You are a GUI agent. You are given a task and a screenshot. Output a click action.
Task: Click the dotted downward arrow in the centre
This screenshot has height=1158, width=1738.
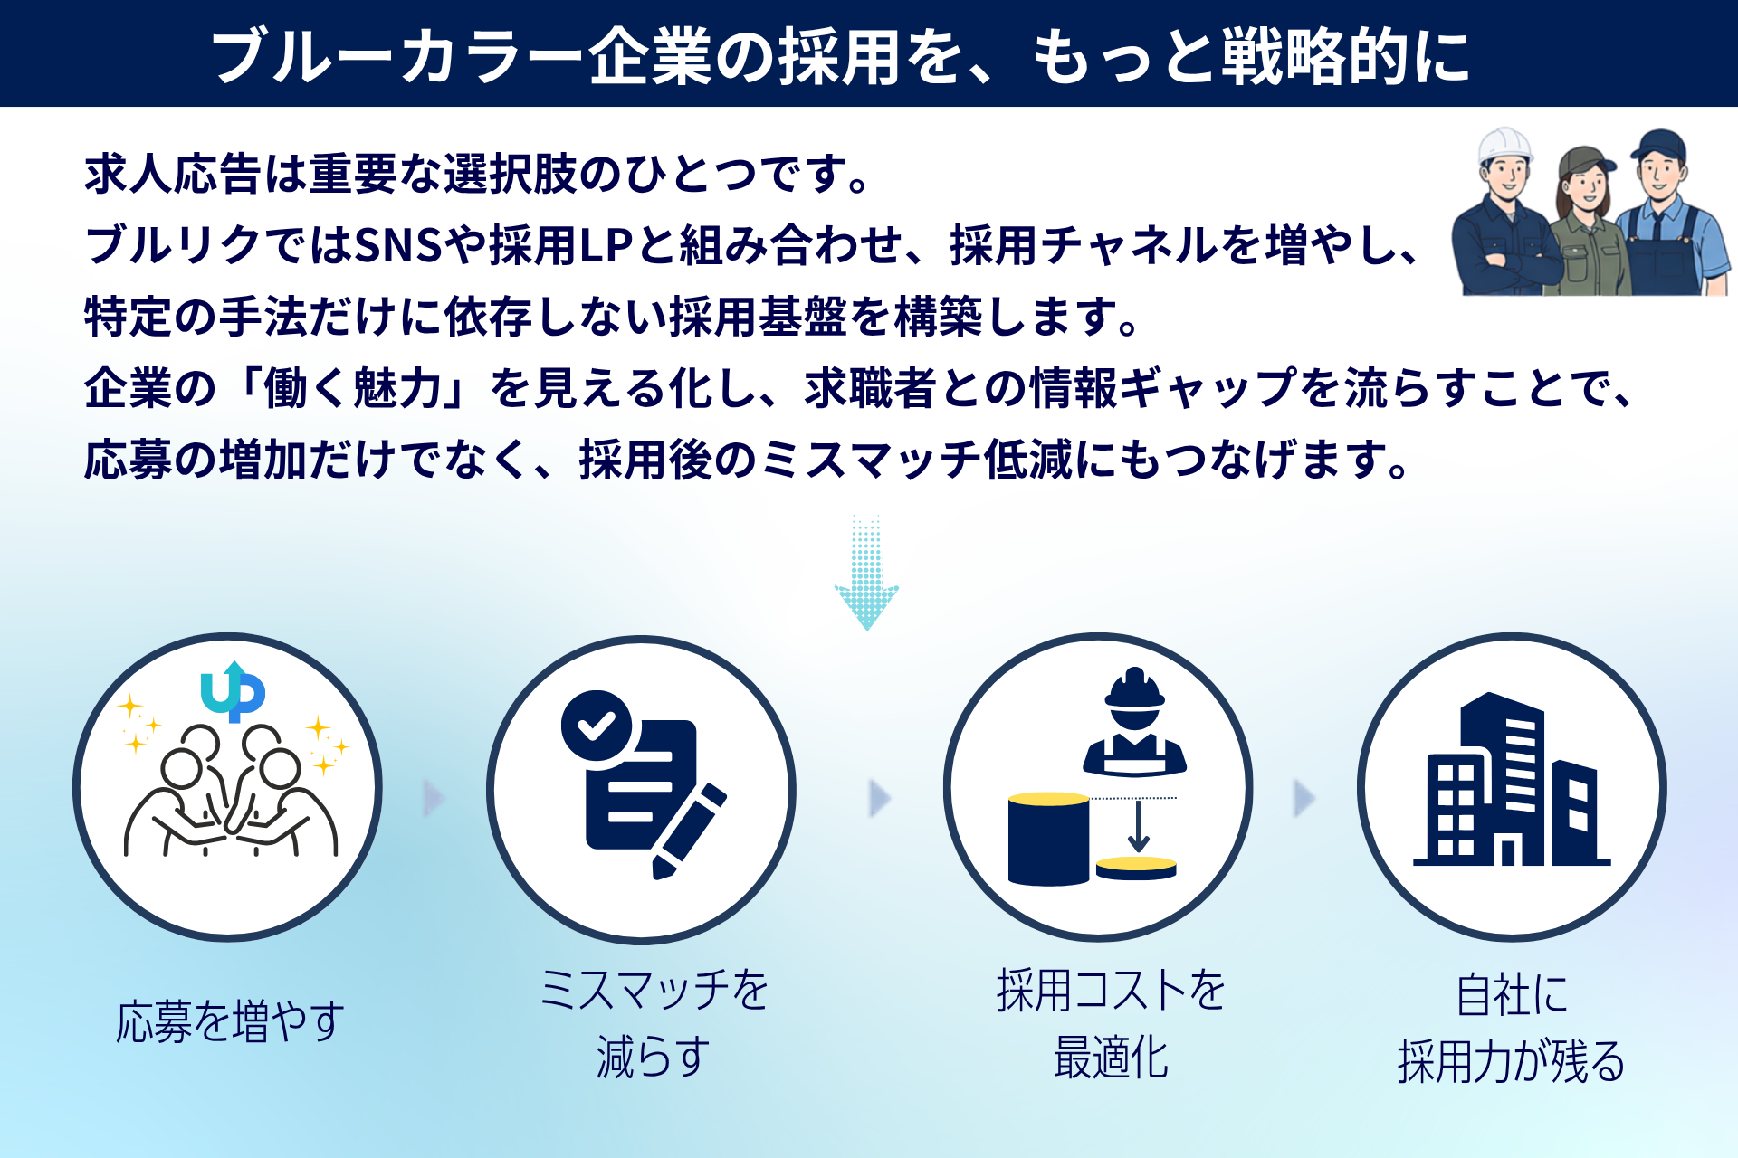[866, 573]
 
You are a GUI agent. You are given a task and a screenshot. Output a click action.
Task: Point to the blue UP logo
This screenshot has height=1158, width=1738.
[233, 692]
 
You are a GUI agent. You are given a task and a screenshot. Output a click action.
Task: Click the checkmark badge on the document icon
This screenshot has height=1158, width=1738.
[596, 726]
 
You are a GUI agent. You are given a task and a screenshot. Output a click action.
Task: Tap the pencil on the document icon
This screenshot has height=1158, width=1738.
[688, 831]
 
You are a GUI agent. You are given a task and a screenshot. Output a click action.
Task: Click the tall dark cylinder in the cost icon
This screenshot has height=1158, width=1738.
[1048, 839]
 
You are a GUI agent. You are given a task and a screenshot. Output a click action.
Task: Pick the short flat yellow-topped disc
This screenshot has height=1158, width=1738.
[1136, 868]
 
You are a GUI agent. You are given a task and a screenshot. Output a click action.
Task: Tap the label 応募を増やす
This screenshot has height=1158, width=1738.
[230, 1021]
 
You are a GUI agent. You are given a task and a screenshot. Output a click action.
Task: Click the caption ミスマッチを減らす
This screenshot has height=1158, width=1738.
[654, 1023]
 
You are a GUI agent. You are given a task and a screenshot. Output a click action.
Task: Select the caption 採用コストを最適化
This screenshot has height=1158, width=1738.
[1111, 1023]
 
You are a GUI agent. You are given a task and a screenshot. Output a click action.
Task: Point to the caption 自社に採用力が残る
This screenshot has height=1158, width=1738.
[1512, 1028]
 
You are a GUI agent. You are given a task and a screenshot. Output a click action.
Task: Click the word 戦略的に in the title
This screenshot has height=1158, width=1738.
[1346, 56]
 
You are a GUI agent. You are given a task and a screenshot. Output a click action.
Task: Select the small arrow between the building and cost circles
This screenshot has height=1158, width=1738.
[1303, 798]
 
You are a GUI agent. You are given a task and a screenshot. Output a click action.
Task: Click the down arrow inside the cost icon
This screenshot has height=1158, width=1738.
[1138, 826]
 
